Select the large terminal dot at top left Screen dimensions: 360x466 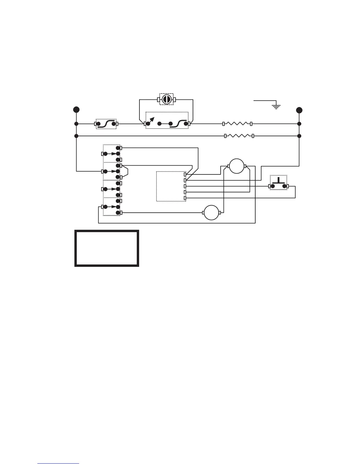coord(76,110)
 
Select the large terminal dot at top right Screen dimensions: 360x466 coord(299,110)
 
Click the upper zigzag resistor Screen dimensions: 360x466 coord(237,124)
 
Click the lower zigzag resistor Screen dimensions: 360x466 coord(239,136)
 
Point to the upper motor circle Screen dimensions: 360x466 coord(237,166)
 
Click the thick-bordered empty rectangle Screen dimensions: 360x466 coord(106,249)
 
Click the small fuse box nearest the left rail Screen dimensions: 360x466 coord(106,124)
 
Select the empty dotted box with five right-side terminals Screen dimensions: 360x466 coord(171,186)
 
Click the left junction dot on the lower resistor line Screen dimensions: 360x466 coord(76,136)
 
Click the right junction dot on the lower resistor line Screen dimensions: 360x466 coord(299,136)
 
